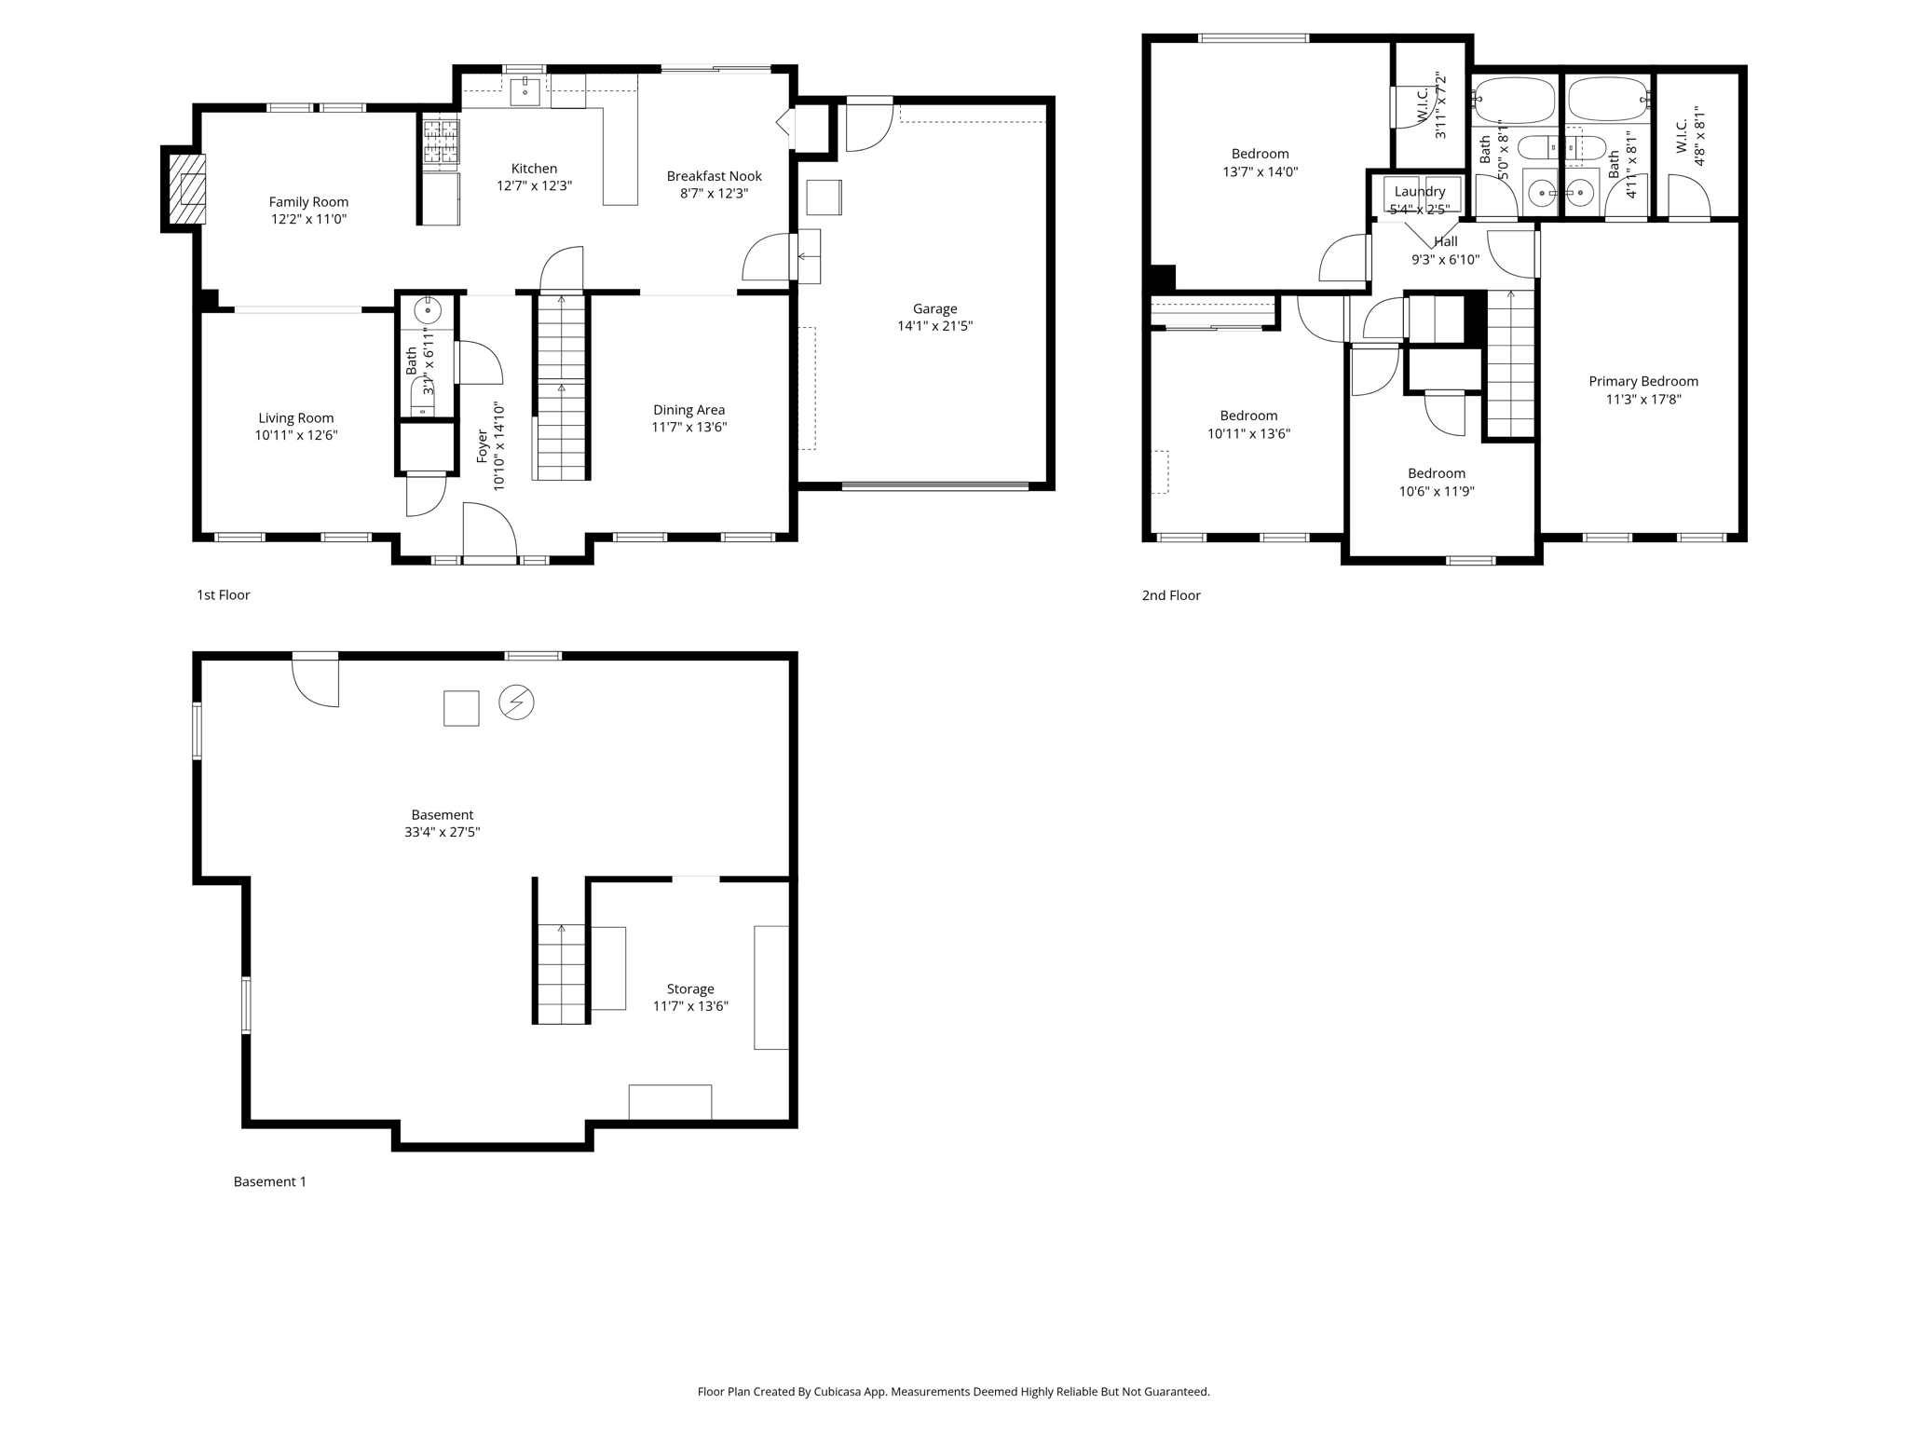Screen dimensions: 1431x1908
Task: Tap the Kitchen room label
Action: [534, 169]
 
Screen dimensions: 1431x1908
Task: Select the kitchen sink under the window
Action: [525, 92]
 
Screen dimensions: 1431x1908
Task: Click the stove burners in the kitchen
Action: [441, 142]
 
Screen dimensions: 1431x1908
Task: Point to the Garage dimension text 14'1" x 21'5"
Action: [934, 326]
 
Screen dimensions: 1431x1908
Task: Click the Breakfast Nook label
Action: [714, 176]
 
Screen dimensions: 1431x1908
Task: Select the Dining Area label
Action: [688, 410]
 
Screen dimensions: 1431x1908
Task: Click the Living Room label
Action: [295, 418]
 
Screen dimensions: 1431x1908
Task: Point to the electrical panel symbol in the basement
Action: [516, 702]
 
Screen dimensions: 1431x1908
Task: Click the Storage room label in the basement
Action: [690, 989]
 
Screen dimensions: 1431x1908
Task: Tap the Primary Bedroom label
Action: [1643, 381]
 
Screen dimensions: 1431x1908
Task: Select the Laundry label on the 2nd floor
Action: [1420, 192]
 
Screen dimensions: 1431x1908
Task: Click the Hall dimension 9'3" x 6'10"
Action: [1445, 260]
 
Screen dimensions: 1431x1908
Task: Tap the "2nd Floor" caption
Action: [1171, 595]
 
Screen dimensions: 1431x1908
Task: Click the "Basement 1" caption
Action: [269, 1181]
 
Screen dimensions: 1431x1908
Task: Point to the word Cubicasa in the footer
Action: [836, 1392]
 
